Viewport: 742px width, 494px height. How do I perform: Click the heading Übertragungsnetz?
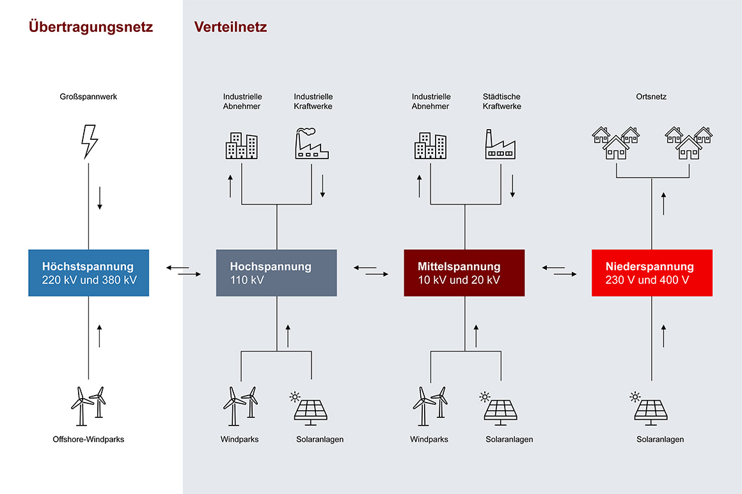91,27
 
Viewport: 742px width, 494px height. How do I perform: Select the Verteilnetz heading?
230,27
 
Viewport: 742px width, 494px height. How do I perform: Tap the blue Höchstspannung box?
89,273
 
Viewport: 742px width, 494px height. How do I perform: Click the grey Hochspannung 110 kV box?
276,273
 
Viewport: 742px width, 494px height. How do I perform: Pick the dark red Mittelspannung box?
464,273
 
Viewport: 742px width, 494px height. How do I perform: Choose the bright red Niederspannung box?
652,273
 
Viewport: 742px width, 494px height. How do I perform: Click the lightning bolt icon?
89,141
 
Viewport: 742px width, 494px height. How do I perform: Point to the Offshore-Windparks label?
88,440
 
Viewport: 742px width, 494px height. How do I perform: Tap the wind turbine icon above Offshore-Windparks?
88,405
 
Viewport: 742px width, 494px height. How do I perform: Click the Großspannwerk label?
89,97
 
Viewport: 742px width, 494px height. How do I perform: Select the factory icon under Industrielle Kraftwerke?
312,144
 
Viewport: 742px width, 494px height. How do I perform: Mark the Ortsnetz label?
651,97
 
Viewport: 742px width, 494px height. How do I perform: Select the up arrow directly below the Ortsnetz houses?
663,205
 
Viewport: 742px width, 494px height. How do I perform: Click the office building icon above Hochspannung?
241,146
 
